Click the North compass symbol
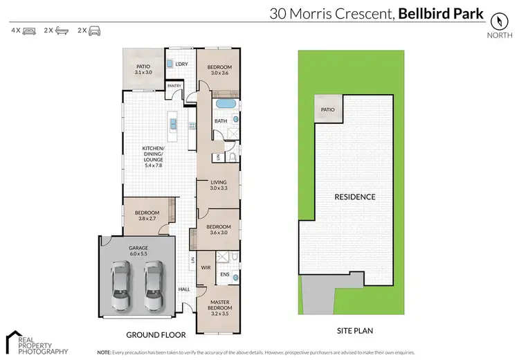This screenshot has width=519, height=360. coord(497,20)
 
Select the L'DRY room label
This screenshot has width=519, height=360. coord(181,64)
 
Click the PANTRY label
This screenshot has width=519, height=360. coord(174,86)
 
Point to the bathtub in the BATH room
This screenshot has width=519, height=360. coord(225,105)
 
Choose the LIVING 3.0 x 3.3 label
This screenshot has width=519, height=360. coord(219,185)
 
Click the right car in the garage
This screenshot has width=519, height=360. coord(154,280)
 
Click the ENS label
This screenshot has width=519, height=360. coord(224,275)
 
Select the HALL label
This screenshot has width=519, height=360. coord(185,289)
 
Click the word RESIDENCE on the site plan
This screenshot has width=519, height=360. coord(355,197)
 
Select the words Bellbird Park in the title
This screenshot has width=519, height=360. coord(439,12)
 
